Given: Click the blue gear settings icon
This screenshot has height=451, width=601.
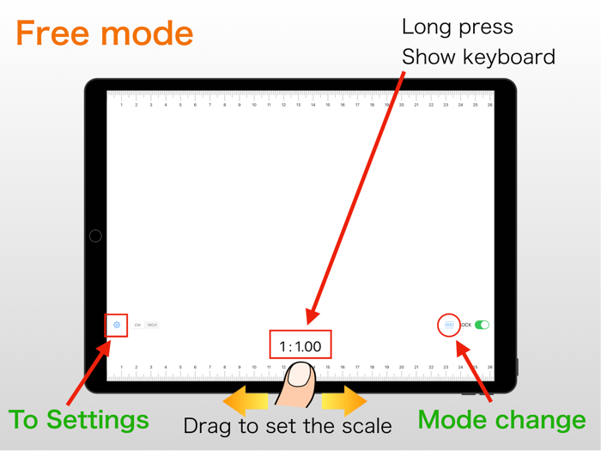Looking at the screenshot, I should click(x=117, y=326).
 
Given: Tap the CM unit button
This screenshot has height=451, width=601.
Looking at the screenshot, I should click(x=137, y=326).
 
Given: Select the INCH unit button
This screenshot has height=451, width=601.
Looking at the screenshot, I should click(x=152, y=326).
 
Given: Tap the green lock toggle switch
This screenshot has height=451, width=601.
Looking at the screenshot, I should click(x=483, y=325).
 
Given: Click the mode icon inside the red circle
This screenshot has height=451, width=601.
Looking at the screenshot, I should click(x=449, y=326).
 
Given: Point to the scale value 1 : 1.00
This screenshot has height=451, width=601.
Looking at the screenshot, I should click(x=300, y=347).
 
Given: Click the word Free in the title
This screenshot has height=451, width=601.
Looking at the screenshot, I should click(x=54, y=34).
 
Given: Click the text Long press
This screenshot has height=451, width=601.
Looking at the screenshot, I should click(x=457, y=27).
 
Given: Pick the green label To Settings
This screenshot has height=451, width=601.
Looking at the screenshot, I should click(x=78, y=420).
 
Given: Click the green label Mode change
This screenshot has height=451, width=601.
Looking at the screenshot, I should click(x=501, y=420).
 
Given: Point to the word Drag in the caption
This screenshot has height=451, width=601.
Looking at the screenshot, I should click(x=205, y=425).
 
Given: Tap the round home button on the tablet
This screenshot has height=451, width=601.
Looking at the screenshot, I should click(x=95, y=235).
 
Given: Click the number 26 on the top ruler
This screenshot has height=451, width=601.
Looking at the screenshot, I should click(x=489, y=105).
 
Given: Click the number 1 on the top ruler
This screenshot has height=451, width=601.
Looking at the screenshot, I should click(x=122, y=105).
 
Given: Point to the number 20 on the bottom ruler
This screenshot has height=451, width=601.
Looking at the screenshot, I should click(x=401, y=368).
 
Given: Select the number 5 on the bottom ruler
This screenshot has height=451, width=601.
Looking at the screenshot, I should click(x=180, y=368).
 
